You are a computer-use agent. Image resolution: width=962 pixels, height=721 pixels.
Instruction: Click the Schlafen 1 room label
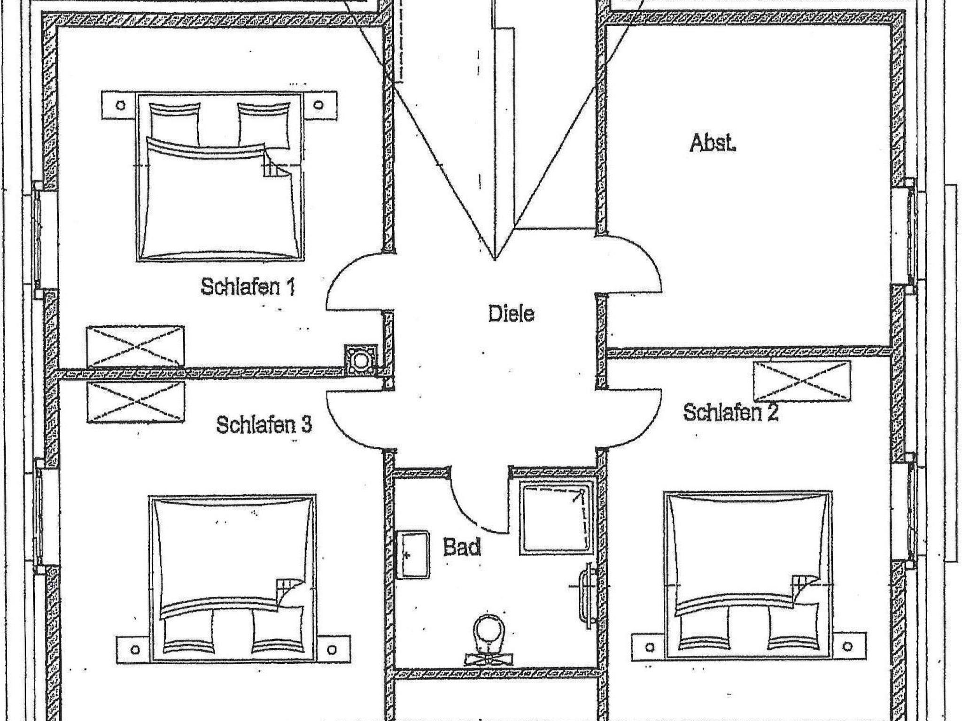(x=248, y=286)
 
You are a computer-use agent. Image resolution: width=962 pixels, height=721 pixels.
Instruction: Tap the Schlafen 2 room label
(x=730, y=413)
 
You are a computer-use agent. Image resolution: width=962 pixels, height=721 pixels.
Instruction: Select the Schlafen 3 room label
(x=264, y=425)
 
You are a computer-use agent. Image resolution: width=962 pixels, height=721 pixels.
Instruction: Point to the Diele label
(x=511, y=313)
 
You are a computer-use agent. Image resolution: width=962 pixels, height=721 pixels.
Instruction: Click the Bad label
(x=462, y=547)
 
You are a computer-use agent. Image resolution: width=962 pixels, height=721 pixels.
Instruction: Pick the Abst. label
(x=712, y=143)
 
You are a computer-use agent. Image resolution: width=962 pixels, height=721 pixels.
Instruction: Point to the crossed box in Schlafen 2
(x=802, y=381)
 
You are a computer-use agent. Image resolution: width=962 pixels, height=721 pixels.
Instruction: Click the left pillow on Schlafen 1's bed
(x=174, y=124)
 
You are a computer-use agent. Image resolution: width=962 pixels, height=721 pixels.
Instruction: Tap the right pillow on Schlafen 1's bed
(x=264, y=124)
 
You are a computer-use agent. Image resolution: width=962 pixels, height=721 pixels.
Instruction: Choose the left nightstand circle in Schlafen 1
(x=121, y=105)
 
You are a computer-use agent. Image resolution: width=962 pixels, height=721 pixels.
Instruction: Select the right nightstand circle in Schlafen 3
(x=333, y=649)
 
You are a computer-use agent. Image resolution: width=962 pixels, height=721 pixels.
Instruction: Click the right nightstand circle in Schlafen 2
(x=848, y=647)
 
